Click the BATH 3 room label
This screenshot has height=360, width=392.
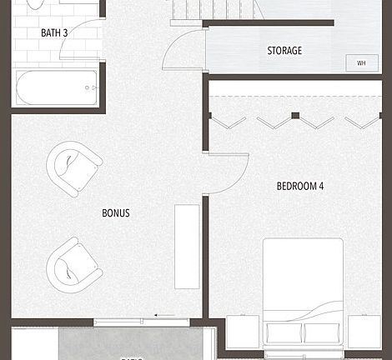pyautogui.click(x=54, y=32)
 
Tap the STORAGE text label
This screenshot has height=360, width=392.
pyautogui.click(x=284, y=51)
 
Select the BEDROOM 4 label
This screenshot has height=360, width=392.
pyautogui.click(x=299, y=186)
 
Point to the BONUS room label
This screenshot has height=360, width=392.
pyautogui.click(x=116, y=213)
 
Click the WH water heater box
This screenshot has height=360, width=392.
pyautogui.click(x=361, y=62)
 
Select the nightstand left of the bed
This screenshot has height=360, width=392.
pyautogui.click(x=243, y=332)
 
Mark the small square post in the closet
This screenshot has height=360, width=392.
pyautogui.click(x=294, y=115)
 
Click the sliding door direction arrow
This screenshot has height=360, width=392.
pyautogui.click(x=165, y=316)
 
